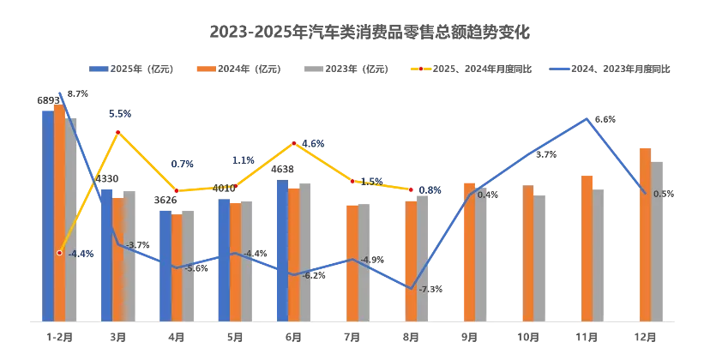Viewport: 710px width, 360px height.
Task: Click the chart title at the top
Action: (x=370, y=31)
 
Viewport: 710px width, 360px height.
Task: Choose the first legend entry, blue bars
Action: (x=133, y=68)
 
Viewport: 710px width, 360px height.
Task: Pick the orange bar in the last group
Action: (x=645, y=231)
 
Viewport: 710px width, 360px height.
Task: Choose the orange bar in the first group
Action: (x=59, y=210)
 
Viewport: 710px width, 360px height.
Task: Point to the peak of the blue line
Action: (x=587, y=119)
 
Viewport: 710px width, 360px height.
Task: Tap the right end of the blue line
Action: (x=645, y=193)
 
